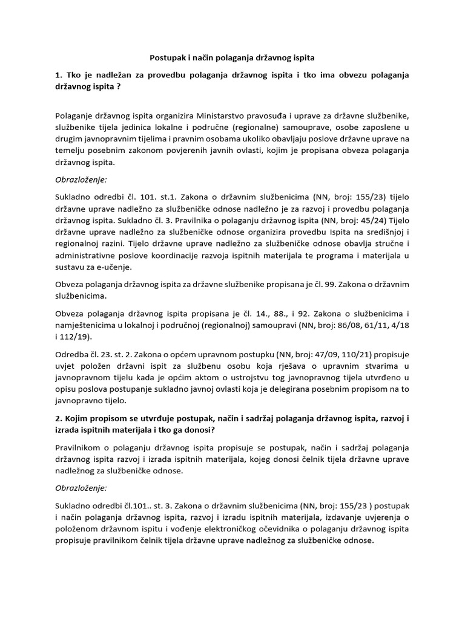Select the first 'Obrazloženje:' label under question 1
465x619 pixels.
pyautogui.click(x=81, y=179)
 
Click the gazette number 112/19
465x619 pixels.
pyautogui.click(x=71, y=338)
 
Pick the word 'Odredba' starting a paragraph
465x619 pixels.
pyautogui.click(x=73, y=356)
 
